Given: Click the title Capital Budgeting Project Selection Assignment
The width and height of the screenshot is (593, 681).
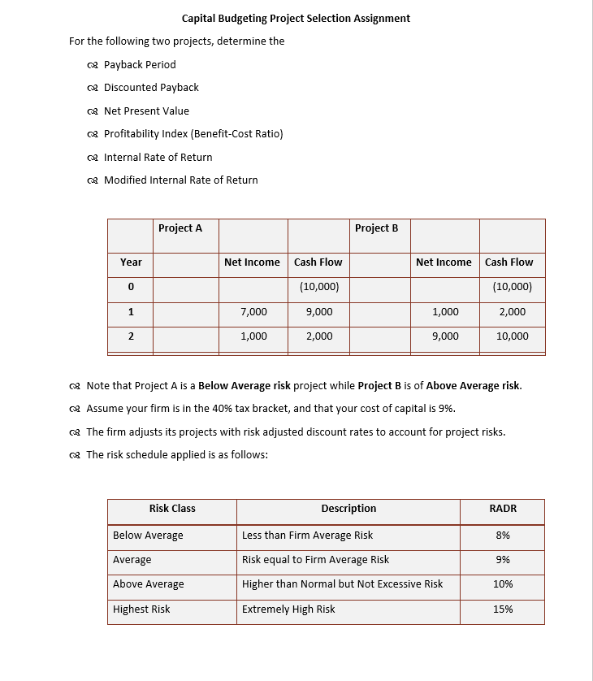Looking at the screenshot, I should [296, 18].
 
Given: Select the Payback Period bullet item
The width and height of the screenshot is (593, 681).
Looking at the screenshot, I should [139, 64].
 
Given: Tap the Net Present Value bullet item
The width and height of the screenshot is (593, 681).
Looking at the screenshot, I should [146, 111].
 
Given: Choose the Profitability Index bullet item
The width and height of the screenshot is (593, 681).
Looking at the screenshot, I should [193, 133].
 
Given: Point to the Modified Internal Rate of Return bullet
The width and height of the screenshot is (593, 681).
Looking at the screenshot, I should [180, 180].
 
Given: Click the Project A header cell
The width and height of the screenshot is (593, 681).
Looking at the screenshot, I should [180, 228].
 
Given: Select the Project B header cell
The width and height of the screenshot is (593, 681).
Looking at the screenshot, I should [376, 228].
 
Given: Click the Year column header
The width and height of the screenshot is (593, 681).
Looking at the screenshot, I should [131, 262].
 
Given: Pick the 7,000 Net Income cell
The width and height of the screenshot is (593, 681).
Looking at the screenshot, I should [253, 312].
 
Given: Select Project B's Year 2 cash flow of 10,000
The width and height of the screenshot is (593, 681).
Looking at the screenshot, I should [512, 336].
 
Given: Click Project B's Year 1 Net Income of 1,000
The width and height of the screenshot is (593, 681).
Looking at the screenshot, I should [444, 312].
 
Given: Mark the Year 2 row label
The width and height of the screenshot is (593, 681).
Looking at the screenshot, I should [131, 336].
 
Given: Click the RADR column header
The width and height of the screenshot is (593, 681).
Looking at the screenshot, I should [503, 509].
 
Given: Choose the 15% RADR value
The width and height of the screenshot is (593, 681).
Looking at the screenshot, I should [503, 609].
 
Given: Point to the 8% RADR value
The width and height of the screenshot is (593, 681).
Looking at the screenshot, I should [503, 536].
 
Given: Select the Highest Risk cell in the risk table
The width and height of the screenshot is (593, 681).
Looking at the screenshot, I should [141, 609].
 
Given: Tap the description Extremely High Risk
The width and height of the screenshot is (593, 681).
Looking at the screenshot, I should [288, 609].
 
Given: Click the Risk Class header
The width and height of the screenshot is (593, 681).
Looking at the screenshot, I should [172, 509].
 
